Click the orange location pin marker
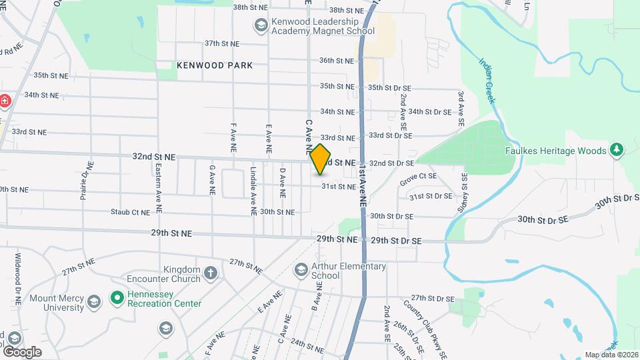[x=321, y=159]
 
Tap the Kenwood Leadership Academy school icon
[x=261, y=26]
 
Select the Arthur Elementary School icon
[x=301, y=271]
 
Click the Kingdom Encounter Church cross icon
[x=211, y=273]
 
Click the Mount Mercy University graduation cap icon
[x=95, y=301]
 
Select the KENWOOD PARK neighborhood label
[x=215, y=65]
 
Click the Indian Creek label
[x=487, y=81]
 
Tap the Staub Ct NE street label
[x=131, y=212]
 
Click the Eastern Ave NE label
[x=159, y=189]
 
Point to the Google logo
[x=22, y=351]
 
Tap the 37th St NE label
[x=221, y=43]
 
